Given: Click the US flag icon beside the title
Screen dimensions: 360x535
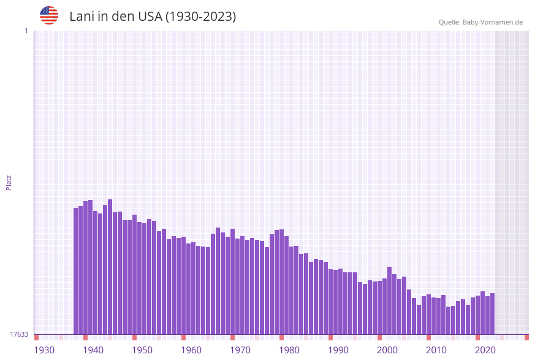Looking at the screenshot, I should click(49, 15).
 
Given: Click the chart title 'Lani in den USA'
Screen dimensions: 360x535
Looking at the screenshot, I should click(153, 17).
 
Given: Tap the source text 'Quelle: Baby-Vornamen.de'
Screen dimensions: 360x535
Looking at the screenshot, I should click(480, 22).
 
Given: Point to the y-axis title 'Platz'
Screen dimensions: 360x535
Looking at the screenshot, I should click(9, 182).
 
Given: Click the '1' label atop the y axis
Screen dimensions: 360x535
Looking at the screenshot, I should click(26, 31).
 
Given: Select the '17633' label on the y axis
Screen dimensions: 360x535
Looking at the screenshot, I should click(19, 334).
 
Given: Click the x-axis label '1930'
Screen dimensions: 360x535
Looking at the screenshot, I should click(44, 350).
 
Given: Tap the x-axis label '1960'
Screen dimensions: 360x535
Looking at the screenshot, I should click(191, 350).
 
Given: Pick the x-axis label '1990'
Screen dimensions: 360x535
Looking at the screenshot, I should click(338, 350).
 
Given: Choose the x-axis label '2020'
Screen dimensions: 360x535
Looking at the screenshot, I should click(485, 350).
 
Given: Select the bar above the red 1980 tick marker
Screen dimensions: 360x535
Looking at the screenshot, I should click(281, 282).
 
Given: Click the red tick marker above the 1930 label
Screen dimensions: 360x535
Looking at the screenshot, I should click(36, 337).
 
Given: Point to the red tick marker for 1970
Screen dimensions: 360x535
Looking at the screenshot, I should click(232, 337).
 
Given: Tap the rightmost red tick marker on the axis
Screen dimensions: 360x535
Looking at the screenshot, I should click(526, 337).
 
